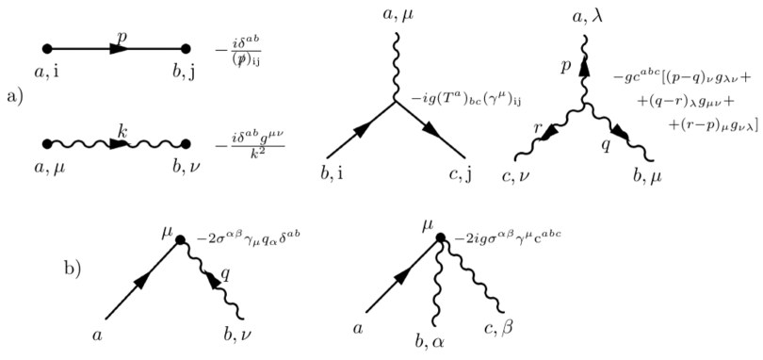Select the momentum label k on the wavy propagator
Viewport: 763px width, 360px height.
pyautogui.click(x=122, y=133)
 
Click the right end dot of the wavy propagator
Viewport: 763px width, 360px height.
pyautogui.click(x=187, y=144)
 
